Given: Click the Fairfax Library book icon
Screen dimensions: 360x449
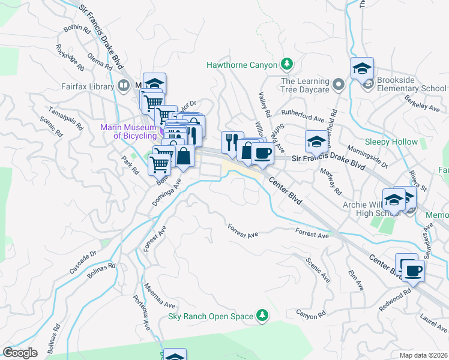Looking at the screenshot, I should [124, 86].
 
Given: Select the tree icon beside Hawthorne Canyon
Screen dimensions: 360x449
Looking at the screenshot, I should [288, 64].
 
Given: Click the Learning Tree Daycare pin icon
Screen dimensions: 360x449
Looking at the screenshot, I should [338, 85].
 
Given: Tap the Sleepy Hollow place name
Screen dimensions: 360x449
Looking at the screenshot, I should [391, 142].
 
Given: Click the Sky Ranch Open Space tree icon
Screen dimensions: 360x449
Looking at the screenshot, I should [262, 315].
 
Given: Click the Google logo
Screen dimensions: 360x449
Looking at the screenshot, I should [20, 353].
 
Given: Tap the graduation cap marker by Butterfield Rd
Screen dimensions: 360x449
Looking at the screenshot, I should [316, 142].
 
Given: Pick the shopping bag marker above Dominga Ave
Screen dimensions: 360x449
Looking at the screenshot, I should [184, 157].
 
